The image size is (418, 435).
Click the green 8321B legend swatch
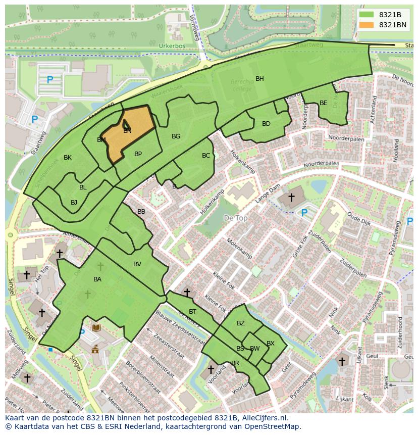click(367, 15)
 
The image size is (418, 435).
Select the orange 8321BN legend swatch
click(367, 25)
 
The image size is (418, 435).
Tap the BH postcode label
click(259, 79)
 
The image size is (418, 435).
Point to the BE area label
click(323, 103)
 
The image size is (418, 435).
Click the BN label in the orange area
click(127, 131)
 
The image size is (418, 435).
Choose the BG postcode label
click(176, 136)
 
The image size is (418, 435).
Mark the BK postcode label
click(68, 158)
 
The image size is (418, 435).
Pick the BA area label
click(97, 279)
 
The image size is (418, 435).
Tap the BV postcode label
click(137, 264)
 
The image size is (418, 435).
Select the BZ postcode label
click(240, 323)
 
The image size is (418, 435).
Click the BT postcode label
click(192, 312)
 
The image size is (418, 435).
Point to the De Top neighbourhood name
click(235, 218)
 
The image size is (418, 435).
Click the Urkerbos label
click(172, 46)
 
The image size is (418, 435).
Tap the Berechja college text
click(242, 85)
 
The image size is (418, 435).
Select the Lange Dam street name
click(267, 194)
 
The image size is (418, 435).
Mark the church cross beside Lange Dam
click(291, 197)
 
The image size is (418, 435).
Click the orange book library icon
click(96, 328)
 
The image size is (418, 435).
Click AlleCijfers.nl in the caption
click(263, 418)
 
